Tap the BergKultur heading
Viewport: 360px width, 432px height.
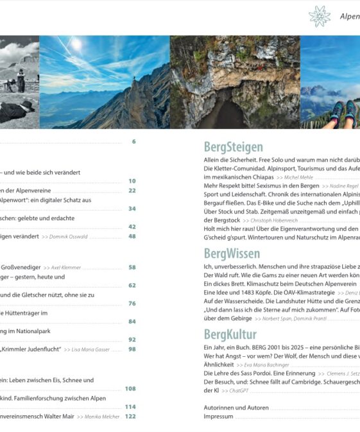point(230,334)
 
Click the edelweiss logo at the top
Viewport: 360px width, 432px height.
point(319,15)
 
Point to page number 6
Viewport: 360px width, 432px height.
point(133,141)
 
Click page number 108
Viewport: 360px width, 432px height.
point(130,388)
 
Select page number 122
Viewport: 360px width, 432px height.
point(130,417)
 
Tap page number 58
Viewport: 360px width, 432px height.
point(132,267)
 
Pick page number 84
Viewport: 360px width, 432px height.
point(132,321)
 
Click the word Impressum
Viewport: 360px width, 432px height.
point(218,417)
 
